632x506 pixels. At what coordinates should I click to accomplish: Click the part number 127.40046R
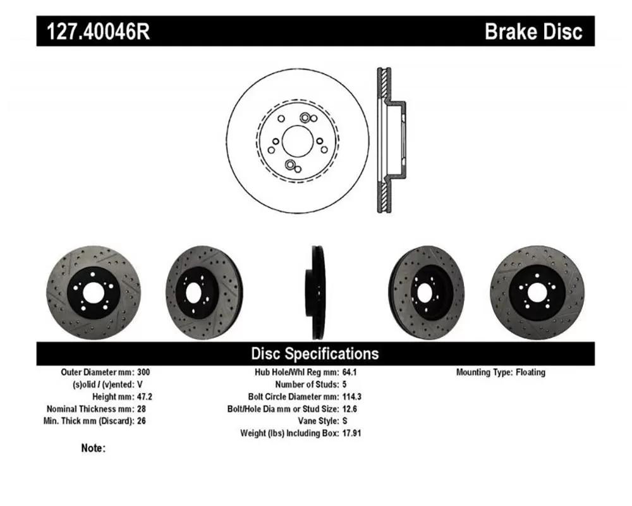[x=99, y=31]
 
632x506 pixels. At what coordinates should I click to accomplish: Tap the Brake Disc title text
[x=533, y=31]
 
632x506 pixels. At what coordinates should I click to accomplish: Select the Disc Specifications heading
[x=315, y=354]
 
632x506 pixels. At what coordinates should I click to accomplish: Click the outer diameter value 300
[x=143, y=372]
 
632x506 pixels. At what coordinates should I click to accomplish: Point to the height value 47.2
[x=145, y=397]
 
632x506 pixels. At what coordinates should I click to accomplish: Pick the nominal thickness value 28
[x=142, y=409]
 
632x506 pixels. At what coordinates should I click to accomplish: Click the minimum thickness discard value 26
[x=142, y=421]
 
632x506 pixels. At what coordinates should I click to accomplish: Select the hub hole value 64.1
[x=349, y=372]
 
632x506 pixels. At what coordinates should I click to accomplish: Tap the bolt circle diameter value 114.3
[x=352, y=397]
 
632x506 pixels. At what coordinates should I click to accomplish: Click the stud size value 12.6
[x=349, y=409]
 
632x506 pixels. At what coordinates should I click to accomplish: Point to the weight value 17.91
[x=351, y=433]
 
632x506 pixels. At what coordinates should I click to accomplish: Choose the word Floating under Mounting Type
[x=530, y=372]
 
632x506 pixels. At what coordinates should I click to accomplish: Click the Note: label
[x=93, y=448]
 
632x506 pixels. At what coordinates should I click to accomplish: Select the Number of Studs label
[x=307, y=385]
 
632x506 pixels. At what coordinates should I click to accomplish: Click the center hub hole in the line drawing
[x=298, y=140]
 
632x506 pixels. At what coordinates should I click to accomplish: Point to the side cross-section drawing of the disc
[x=391, y=140]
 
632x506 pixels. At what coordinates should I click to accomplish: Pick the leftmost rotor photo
[x=94, y=293]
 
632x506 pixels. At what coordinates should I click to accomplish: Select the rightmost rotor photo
[x=537, y=293]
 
